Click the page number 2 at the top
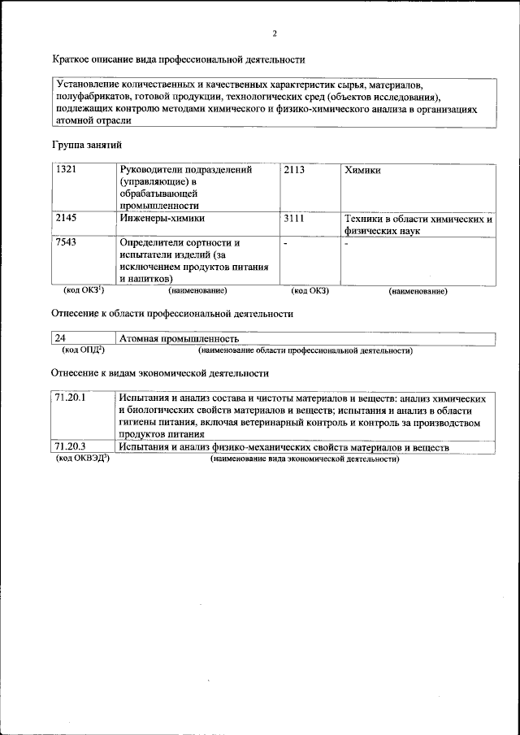275,34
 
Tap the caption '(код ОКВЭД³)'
82,459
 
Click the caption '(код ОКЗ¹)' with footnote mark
84,289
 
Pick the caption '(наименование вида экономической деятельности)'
305,459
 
